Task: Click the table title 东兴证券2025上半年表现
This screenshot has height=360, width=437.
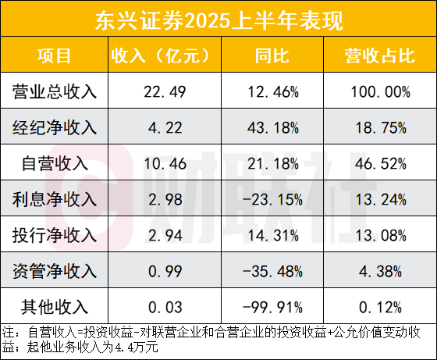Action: [218, 19]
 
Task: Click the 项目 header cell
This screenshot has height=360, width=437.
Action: [55, 56]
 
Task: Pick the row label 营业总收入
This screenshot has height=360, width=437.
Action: [55, 91]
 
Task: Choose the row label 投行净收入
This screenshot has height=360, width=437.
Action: [55, 235]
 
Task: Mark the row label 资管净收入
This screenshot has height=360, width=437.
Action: [55, 271]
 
